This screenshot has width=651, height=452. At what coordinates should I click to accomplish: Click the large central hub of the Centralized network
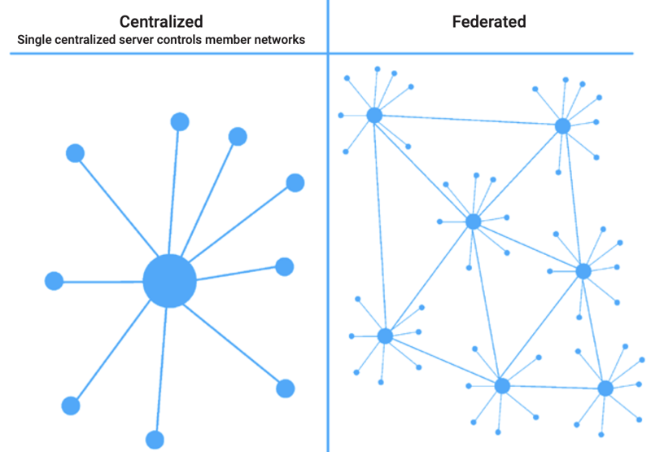[169, 281]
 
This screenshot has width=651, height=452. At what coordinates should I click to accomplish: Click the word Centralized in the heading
[161, 21]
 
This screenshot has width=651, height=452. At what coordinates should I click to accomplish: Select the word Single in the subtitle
[33, 39]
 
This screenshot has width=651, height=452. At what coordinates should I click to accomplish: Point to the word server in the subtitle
[141, 39]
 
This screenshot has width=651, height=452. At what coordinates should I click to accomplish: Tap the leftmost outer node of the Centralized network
[54, 281]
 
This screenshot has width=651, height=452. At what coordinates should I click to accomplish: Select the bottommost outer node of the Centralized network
[155, 440]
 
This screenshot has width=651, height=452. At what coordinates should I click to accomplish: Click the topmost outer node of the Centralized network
[180, 122]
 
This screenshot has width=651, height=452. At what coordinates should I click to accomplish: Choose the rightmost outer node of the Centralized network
[295, 182]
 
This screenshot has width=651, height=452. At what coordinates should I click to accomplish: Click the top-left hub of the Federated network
[374, 115]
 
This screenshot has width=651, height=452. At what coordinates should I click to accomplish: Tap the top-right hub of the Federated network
[562, 126]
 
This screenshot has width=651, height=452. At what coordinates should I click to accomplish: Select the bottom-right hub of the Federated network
[605, 388]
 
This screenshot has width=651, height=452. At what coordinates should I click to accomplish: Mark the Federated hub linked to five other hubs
[474, 222]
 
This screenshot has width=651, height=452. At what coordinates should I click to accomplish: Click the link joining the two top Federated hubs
[468, 121]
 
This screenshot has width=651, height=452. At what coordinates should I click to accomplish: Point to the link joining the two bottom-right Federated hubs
[553, 387]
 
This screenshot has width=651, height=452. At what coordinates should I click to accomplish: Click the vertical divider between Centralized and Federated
[328, 244]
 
